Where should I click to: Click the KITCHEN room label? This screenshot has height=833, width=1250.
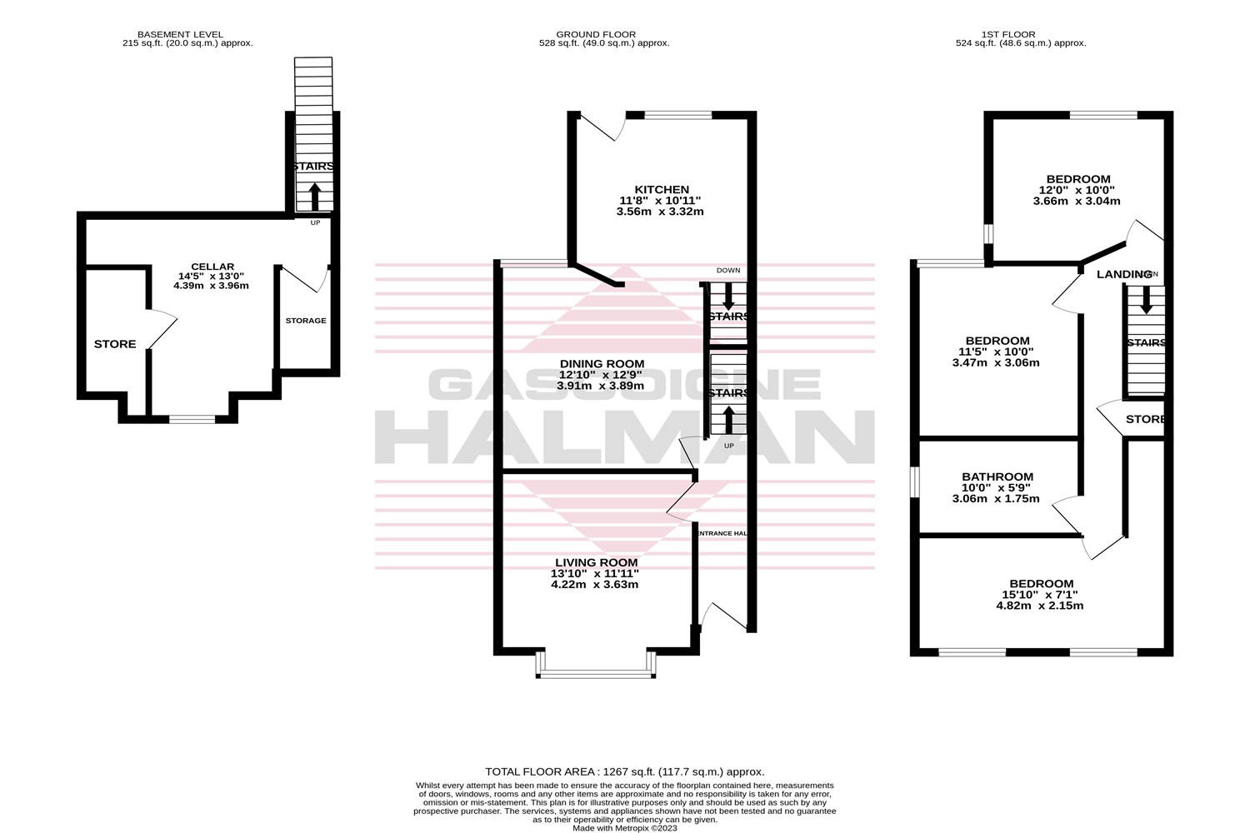[661, 190]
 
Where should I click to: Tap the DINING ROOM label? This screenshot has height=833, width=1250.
[602, 364]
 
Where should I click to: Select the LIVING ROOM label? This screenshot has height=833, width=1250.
[594, 562]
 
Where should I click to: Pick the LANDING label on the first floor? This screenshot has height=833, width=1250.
[1123, 274]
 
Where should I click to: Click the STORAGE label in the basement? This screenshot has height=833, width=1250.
[306, 321]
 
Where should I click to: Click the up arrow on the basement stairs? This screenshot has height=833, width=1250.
[314, 197]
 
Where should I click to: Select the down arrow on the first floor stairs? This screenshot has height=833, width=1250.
[1146, 300]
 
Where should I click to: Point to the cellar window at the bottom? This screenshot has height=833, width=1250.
[192, 419]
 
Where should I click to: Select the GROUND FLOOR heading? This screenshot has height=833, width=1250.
[597, 34]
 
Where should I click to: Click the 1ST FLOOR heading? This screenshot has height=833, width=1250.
[1007, 34]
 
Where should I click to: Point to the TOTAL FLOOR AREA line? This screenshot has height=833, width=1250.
[624, 772]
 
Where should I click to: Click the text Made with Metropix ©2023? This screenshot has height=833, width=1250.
[624, 828]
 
